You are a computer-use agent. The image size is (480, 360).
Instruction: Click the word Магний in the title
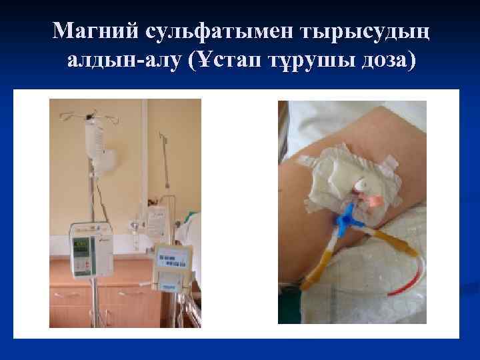click(x=93, y=31)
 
